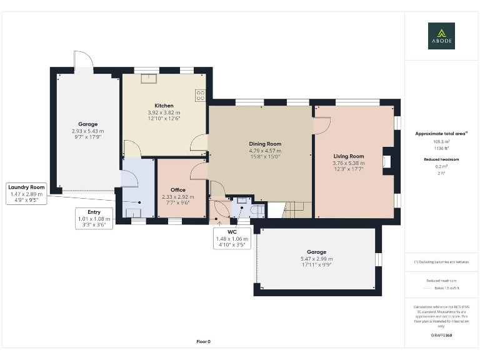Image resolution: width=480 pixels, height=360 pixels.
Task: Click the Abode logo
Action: (x=441, y=36)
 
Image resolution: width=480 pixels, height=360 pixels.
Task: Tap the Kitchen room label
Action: (x=164, y=106)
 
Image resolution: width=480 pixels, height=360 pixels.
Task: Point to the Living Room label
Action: (x=348, y=156)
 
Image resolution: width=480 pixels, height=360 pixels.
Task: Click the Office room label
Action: (x=178, y=190)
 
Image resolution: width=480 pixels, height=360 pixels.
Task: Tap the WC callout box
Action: (x=231, y=239)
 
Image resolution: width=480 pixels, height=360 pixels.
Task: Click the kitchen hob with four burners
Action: (x=201, y=96)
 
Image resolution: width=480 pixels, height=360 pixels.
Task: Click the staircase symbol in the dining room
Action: (x=293, y=209)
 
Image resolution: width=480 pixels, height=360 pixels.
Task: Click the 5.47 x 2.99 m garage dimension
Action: (x=316, y=259)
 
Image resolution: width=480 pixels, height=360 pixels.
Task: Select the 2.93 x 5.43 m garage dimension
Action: (x=87, y=131)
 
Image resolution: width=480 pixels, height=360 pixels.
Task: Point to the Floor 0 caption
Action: (x=204, y=341)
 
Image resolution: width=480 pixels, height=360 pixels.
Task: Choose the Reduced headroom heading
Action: (x=441, y=159)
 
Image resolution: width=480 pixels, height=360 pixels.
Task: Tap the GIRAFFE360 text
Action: (x=441, y=336)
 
